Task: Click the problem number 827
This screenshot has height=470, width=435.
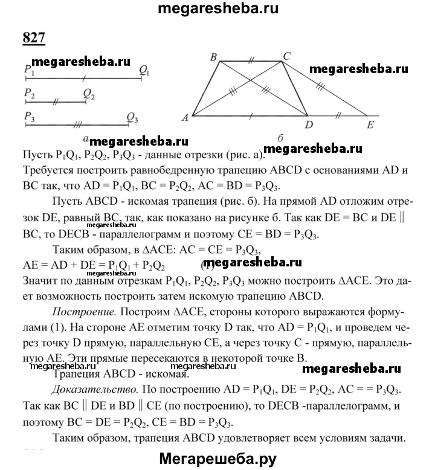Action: [x=34, y=37]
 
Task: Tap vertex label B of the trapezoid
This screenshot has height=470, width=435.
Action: [x=213, y=57]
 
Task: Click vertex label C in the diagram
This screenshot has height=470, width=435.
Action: [x=287, y=56]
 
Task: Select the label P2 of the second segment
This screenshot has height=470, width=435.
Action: [x=30, y=94]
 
